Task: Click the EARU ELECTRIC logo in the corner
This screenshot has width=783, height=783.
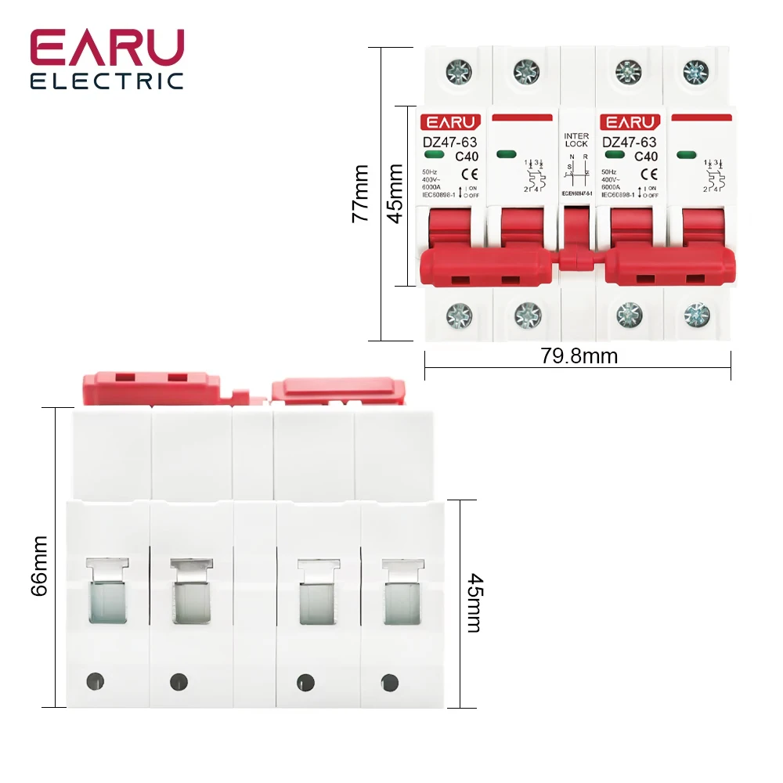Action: pyautogui.click(x=107, y=60)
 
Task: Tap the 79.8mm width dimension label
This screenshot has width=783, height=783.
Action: pyautogui.click(x=579, y=357)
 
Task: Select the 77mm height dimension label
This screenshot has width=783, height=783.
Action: pyautogui.click(x=361, y=193)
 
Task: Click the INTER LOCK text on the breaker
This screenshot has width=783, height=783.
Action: pyautogui.click(x=576, y=140)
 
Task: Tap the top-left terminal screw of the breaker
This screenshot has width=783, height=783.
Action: pyautogui.click(x=459, y=73)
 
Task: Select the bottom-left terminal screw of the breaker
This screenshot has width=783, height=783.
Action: pyautogui.click(x=459, y=316)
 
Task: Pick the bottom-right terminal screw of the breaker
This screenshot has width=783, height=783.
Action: pyautogui.click(x=696, y=316)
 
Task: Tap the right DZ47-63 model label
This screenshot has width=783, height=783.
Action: pyautogui.click(x=629, y=142)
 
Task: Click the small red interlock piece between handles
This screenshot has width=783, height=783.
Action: pyautogui.click(x=576, y=260)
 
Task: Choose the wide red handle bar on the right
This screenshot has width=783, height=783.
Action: pyautogui.click(x=669, y=266)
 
